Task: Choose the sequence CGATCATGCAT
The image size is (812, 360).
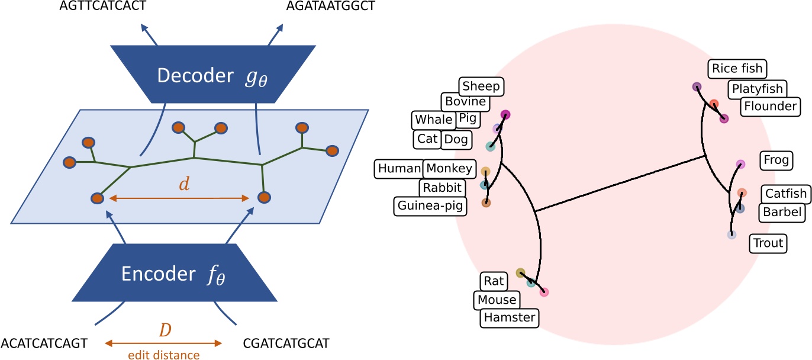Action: [286, 343]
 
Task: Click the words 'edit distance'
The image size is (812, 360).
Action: [163, 355]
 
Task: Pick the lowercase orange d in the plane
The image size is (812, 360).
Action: [185, 184]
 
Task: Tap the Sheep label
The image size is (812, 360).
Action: [481, 87]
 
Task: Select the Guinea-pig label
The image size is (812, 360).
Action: [430, 206]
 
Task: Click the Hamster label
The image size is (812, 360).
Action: [510, 317]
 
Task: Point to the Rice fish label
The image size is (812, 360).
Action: [737, 68]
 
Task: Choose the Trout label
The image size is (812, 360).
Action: [768, 243]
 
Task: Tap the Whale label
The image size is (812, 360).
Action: [433, 120]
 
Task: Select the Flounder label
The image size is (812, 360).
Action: [770, 107]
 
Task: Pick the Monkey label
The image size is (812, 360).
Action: [449, 169]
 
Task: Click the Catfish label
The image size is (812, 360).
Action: [785, 194]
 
